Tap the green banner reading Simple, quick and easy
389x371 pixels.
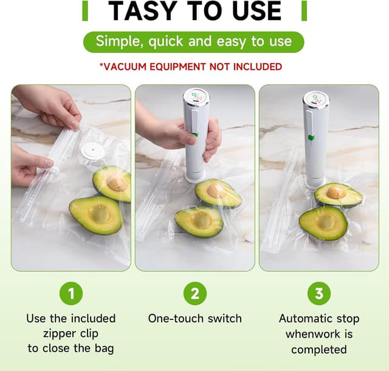(193, 42)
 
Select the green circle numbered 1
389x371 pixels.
(71, 294)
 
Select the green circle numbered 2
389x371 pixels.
(194, 294)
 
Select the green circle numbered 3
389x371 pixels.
(318, 294)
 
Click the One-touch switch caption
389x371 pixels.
(194, 318)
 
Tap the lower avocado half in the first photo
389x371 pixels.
(95, 214)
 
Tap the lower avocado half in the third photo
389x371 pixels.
(323, 223)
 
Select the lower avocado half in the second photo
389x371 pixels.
(199, 221)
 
